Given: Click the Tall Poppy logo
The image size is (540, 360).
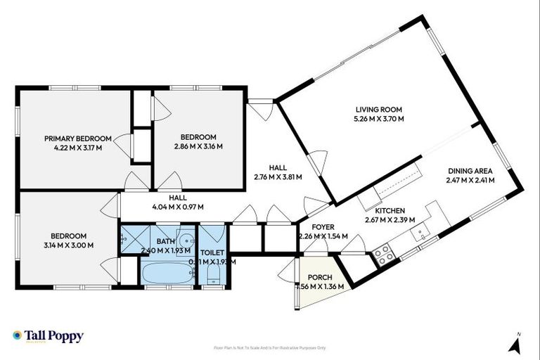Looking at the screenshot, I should tap(48, 336).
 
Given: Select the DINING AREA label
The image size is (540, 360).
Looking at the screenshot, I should tap(470, 171).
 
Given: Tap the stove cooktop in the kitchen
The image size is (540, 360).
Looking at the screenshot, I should tap(385, 255).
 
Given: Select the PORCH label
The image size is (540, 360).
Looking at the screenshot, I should tap(320, 277).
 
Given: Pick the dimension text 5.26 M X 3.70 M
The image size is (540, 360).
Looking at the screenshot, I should tap(379, 118).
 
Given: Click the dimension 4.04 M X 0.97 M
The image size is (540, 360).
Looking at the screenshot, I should tap(177, 207).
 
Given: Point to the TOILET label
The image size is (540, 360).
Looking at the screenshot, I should tap(212, 251).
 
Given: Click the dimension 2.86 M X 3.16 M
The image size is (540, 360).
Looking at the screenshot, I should tap(198, 147).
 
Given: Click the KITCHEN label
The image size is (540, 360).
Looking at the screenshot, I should tap(389, 211).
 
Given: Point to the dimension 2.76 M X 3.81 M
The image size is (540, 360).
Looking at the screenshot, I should tap(278, 177).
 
